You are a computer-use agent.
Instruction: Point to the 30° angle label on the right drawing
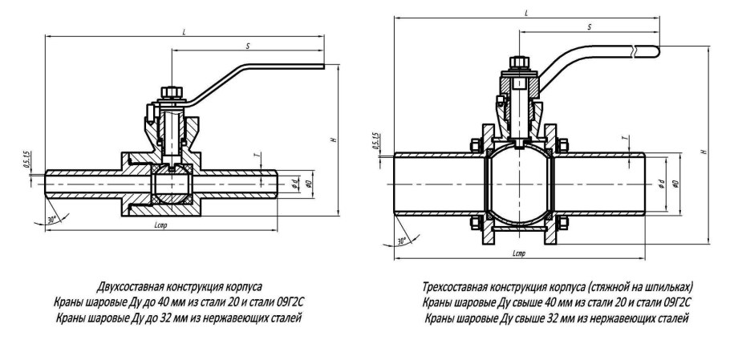pos(403,239)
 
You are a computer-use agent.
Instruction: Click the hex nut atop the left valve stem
pos(170,92)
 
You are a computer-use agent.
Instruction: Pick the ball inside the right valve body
pos(517,184)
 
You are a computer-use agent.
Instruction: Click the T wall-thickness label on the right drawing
pos(624,139)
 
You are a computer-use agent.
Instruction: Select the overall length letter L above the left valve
pos(185,31)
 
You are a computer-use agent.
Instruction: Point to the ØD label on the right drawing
pos(675,184)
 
